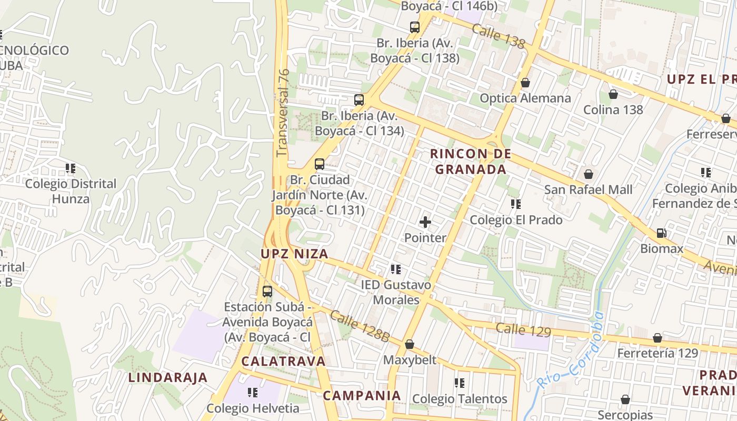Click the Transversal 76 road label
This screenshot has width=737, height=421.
click(x=283, y=113)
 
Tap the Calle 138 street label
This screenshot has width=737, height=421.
click(x=498, y=36)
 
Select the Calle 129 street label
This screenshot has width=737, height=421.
click(x=523, y=330)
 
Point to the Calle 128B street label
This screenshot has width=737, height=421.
click(x=360, y=326)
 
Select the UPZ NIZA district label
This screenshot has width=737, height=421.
click(x=294, y=254)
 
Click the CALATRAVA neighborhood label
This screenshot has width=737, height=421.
click(x=283, y=362)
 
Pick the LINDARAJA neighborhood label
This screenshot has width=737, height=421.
click(x=168, y=377)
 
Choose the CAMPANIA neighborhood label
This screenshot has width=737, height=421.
click(x=362, y=395)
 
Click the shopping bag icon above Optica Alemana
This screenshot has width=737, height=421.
click(x=525, y=83)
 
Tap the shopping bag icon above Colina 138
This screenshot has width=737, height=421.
click(x=613, y=94)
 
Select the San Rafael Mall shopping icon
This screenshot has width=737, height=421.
click(x=588, y=174)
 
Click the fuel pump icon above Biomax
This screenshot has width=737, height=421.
click(x=661, y=233)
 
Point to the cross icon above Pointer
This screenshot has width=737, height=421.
click(x=425, y=222)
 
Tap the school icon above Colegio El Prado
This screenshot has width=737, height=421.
click(x=515, y=204)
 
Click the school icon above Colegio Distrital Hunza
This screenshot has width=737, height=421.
click(x=71, y=168)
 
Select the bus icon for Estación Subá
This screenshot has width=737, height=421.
click(x=267, y=291)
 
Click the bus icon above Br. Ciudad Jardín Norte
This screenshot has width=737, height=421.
click(x=319, y=164)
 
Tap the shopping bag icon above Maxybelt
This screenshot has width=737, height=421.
click(x=409, y=344)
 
